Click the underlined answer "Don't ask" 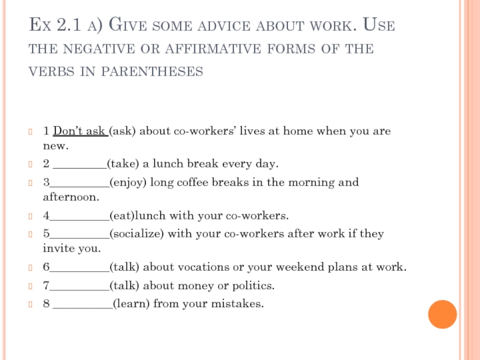tap(80, 131)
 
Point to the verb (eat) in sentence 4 tap(122, 215)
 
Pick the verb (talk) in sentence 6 tap(124, 266)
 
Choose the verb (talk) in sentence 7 tap(124, 285)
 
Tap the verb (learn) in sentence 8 tap(131, 304)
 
